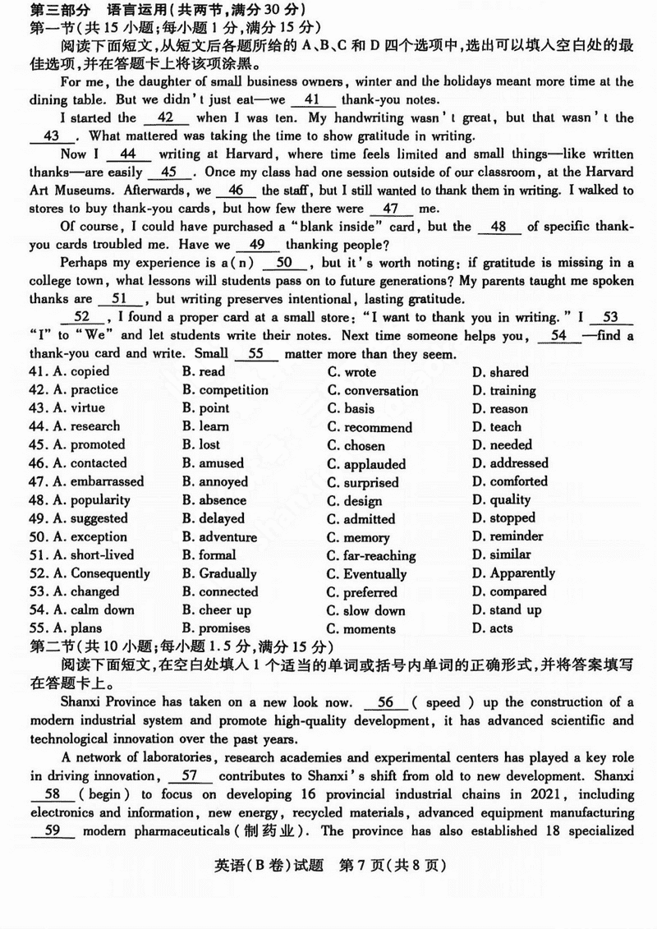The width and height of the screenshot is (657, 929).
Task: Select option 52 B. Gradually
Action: (219, 574)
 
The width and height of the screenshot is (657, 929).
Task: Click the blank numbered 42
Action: (164, 118)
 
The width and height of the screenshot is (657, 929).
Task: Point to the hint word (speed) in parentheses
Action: (448, 702)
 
